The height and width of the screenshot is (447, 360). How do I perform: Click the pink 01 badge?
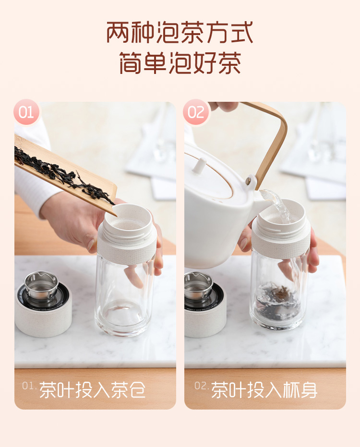pyautogui.click(x=26, y=112)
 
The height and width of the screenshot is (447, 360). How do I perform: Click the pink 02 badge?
pyautogui.click(x=196, y=112)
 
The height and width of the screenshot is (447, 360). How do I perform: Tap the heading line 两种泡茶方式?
pyautogui.click(x=180, y=32)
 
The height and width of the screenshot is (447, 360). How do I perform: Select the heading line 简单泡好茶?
pyautogui.click(x=180, y=63)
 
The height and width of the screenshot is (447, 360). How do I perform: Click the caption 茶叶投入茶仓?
pyautogui.click(x=93, y=390)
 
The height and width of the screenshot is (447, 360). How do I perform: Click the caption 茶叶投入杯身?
pyautogui.click(x=264, y=390)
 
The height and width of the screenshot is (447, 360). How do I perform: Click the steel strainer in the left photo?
pyautogui.click(x=42, y=286)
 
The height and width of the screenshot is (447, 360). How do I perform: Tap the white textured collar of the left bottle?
pyautogui.click(x=127, y=250)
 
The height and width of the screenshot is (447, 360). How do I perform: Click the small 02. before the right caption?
pyautogui.click(x=202, y=386)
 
